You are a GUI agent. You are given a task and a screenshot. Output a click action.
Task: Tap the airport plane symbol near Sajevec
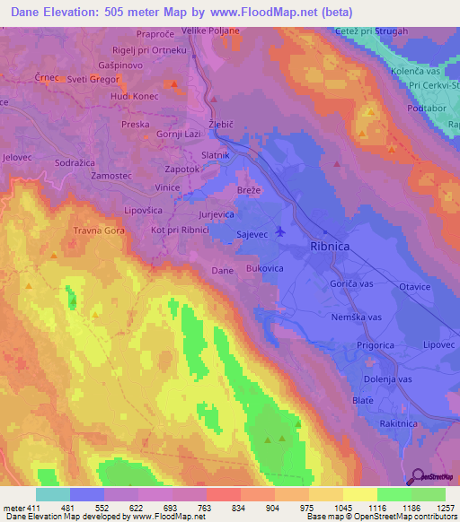[x=280, y=231]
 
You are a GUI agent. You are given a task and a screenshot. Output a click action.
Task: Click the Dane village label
[x=222, y=269]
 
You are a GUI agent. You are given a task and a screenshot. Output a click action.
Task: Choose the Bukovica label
[x=265, y=268]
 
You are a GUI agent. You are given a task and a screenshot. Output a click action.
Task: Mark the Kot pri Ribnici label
[x=181, y=231]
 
